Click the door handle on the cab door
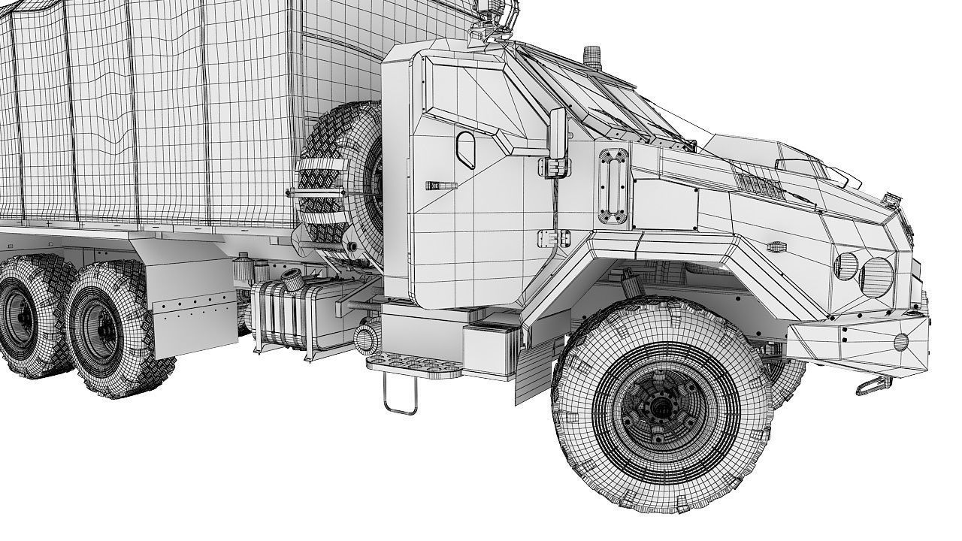point(441,185)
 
